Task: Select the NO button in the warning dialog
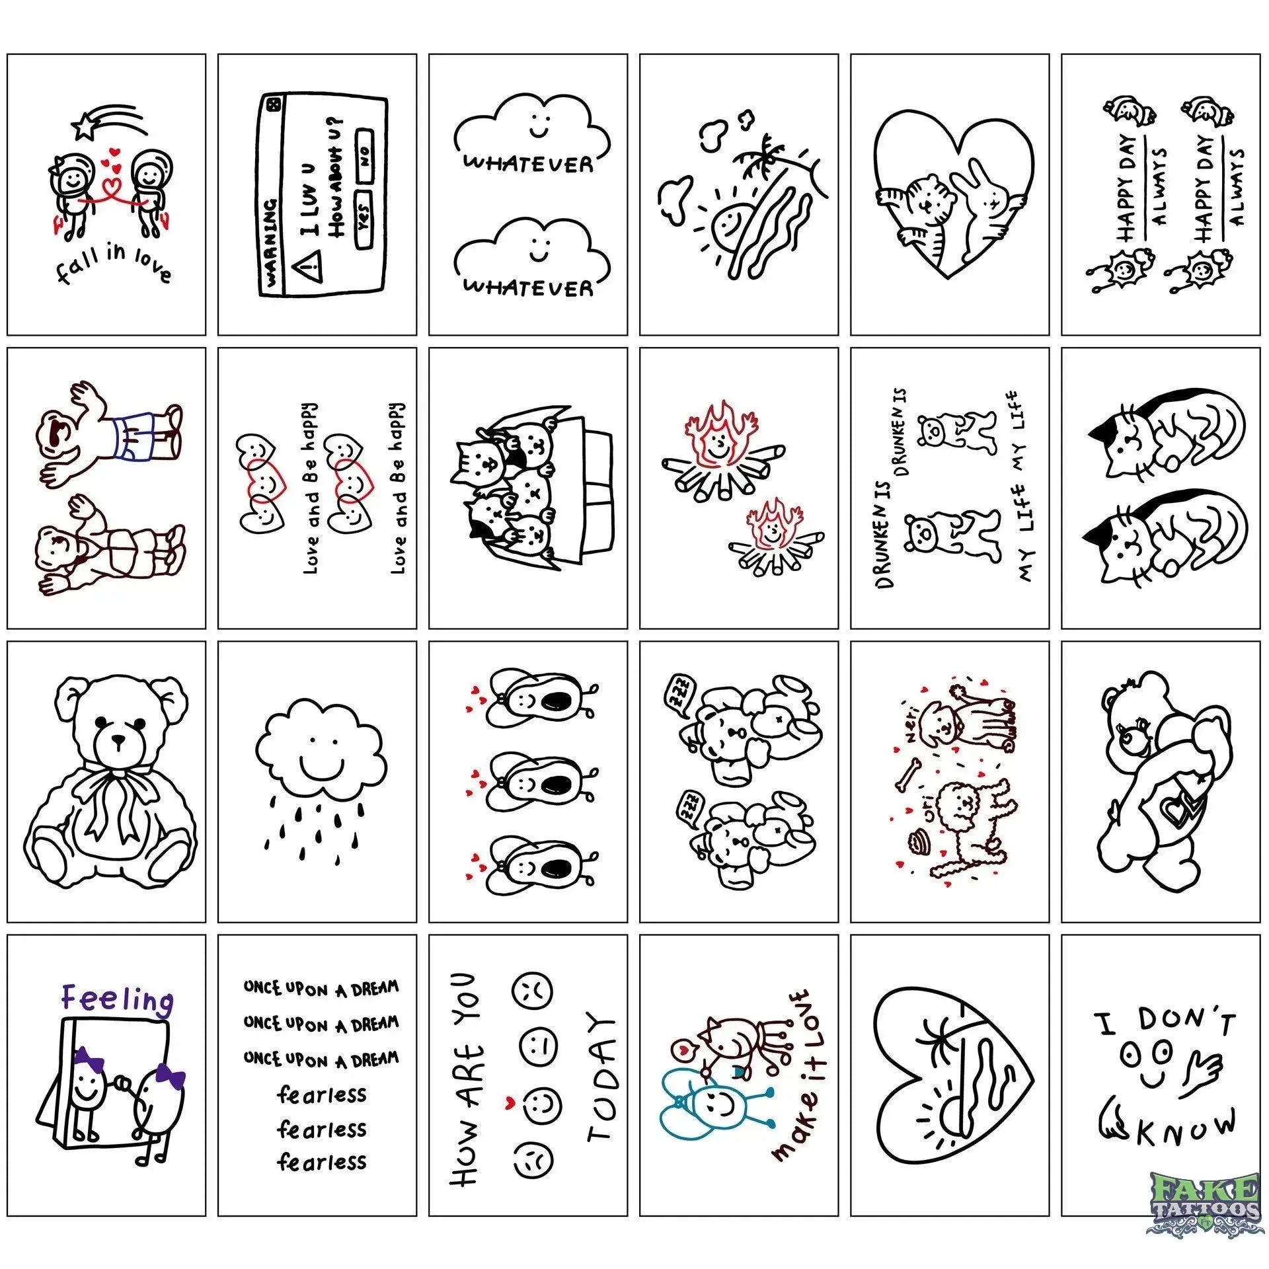click(x=364, y=157)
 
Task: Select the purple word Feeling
click(x=117, y=1000)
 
